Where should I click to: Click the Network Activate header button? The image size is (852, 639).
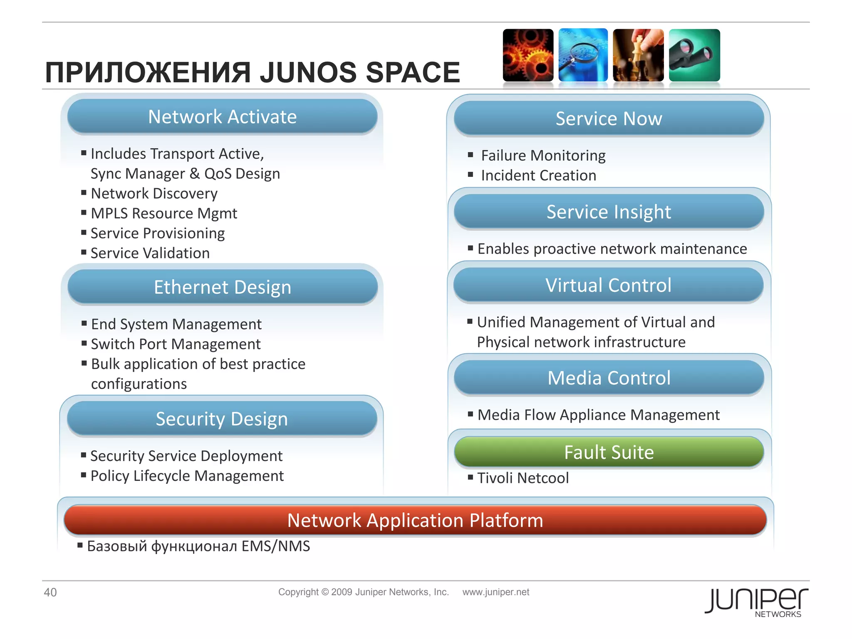pyautogui.click(x=223, y=117)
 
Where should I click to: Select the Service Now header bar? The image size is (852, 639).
pyautogui.click(x=609, y=119)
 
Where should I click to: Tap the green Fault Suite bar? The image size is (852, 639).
pyautogui.click(x=609, y=452)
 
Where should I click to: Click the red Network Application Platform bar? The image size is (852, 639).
pyautogui.click(x=415, y=520)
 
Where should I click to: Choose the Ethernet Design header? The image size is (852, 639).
pyautogui.click(x=223, y=287)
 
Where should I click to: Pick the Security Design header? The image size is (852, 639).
pyautogui.click(x=222, y=419)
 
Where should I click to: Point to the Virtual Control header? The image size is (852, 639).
pyautogui.click(x=608, y=285)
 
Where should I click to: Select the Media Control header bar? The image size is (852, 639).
pyautogui.click(x=609, y=378)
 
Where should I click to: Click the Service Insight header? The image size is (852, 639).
pyautogui.click(x=609, y=212)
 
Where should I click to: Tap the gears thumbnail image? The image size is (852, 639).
pyautogui.click(x=528, y=55)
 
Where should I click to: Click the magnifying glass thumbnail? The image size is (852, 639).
pyautogui.click(x=583, y=55)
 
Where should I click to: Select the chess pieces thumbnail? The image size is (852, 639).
pyautogui.click(x=638, y=55)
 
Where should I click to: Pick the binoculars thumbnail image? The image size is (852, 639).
pyautogui.click(x=694, y=55)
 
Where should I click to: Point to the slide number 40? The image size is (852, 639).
pyautogui.click(x=50, y=592)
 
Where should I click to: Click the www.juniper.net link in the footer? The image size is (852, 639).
pyautogui.click(x=495, y=592)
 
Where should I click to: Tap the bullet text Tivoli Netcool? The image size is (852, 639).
pyautogui.click(x=523, y=478)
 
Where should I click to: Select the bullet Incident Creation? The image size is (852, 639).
pyautogui.click(x=538, y=176)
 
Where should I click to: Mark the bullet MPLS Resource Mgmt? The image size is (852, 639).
pyautogui.click(x=164, y=213)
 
